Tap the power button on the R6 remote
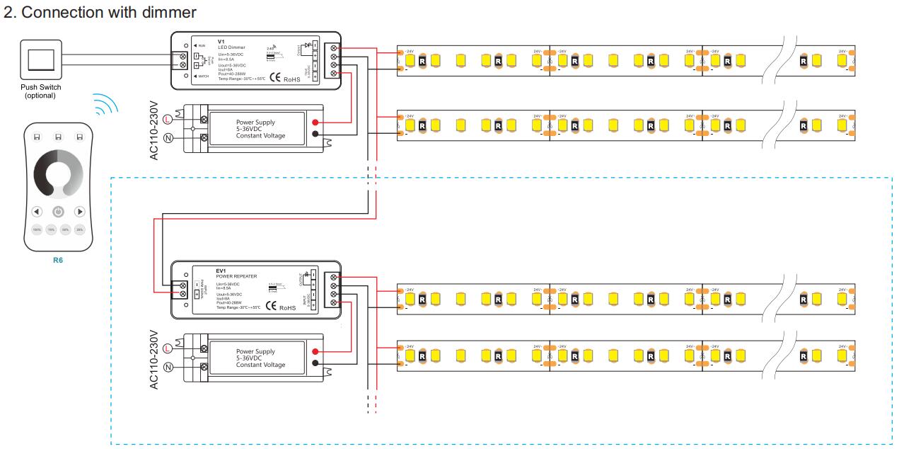coord(59,211)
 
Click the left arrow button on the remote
coord(37,211)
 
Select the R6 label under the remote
coord(58,261)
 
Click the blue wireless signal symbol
coord(105,106)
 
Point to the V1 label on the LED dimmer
coord(221,42)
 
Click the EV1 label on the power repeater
coord(221,271)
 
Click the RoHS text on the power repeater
coord(287,308)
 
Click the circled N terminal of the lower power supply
coord(168,367)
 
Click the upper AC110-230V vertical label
coord(155,125)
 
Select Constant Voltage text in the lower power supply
coord(261,365)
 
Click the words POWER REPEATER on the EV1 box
coord(237,276)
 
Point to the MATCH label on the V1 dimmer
coord(202,76)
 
